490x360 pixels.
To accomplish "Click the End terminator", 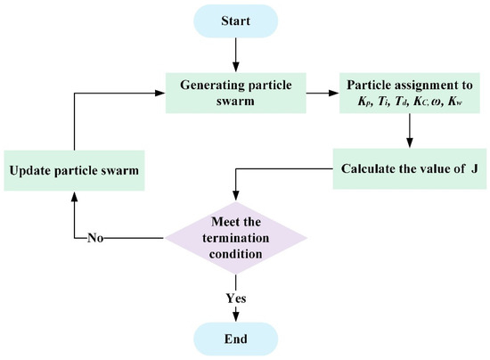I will pos(236,339).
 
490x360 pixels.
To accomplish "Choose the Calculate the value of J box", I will pos(409,168).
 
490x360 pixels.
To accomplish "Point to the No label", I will pos(97,238).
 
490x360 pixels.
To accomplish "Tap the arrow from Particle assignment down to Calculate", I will pos(409,132).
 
